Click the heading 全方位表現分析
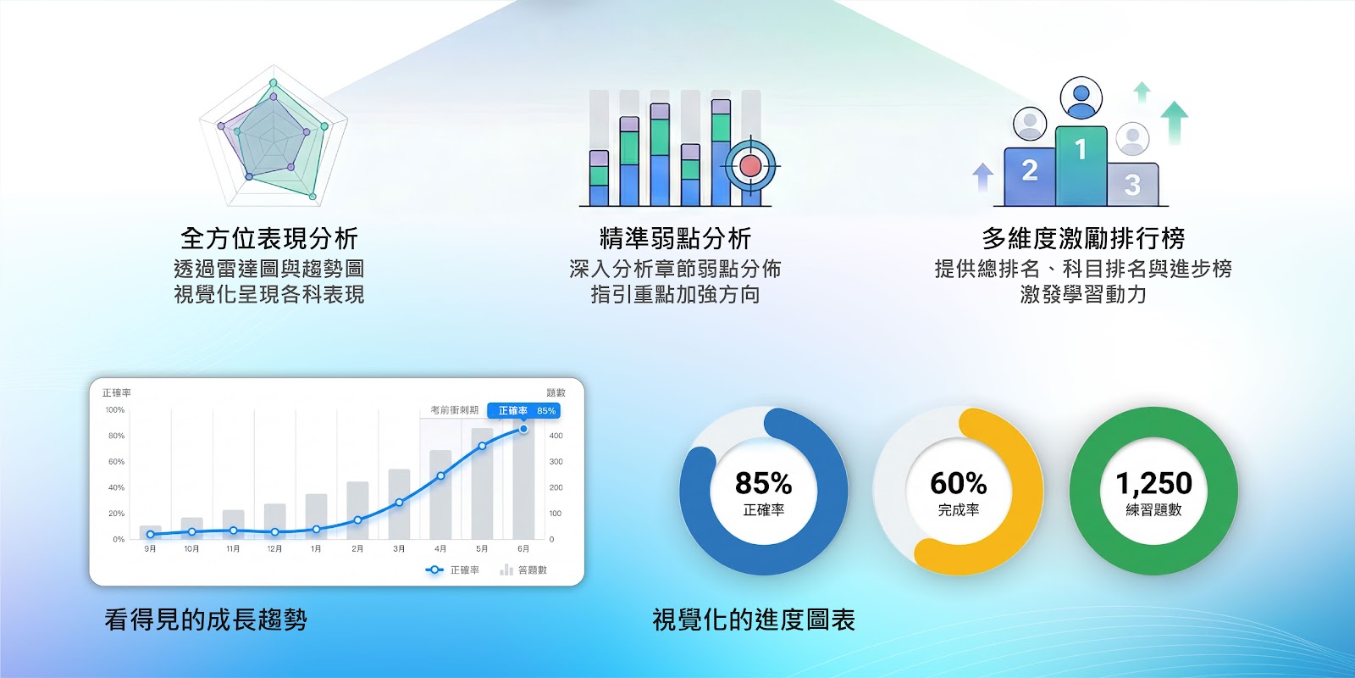pyautogui.click(x=269, y=238)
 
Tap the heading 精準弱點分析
pyautogui.click(x=675, y=238)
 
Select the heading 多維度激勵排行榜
pyautogui.click(x=1083, y=238)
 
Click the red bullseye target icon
pyautogui.click(x=750, y=165)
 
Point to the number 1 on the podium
pyautogui.click(x=1081, y=150)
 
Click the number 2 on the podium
pyautogui.click(x=1030, y=170)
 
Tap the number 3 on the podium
pyautogui.click(x=1132, y=184)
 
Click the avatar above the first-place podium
pyautogui.click(x=1081, y=98)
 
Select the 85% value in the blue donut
pyautogui.click(x=763, y=483)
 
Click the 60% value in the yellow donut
pyautogui.click(x=958, y=483)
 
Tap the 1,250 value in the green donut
pyautogui.click(x=1153, y=483)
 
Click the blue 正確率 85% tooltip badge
pyautogui.click(x=524, y=411)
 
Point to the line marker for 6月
pyautogui.click(x=523, y=429)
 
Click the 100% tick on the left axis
pyautogui.click(x=115, y=410)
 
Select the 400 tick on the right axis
pyautogui.click(x=556, y=436)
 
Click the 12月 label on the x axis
pyautogui.click(x=274, y=549)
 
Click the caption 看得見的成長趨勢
pyautogui.click(x=206, y=620)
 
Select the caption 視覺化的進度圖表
pyautogui.click(x=753, y=620)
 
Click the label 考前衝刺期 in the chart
pyautogui.click(x=454, y=410)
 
